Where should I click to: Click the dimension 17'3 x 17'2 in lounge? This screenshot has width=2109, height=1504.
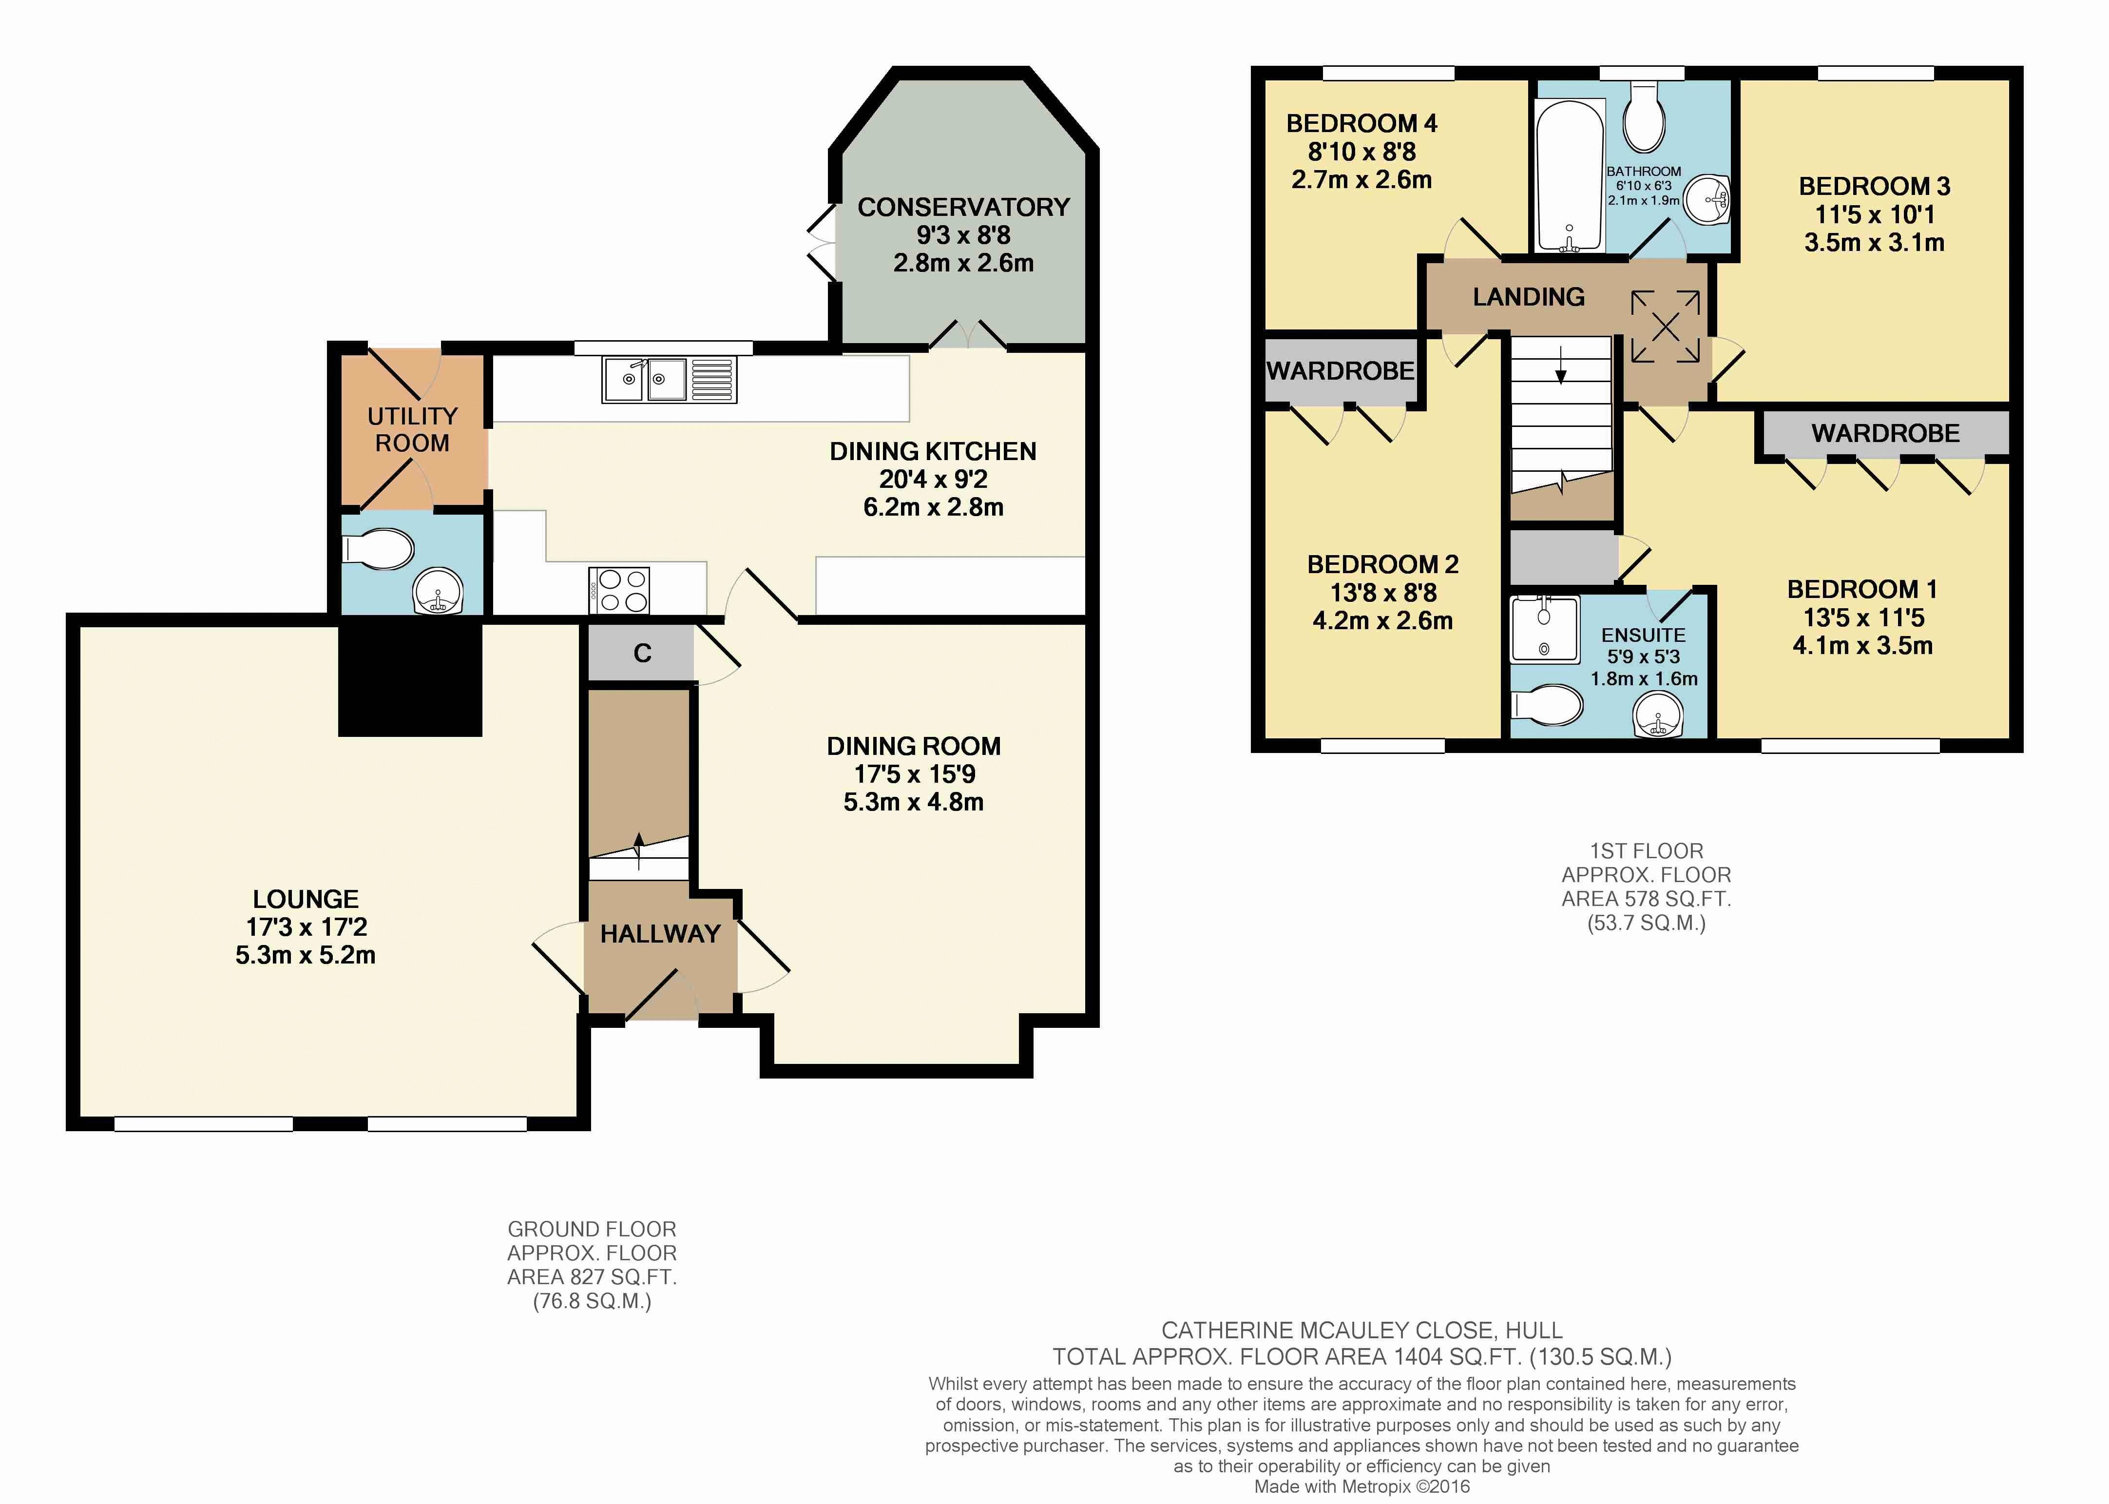pos(307,927)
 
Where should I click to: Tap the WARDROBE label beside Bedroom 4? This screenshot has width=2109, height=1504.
pos(1341,371)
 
